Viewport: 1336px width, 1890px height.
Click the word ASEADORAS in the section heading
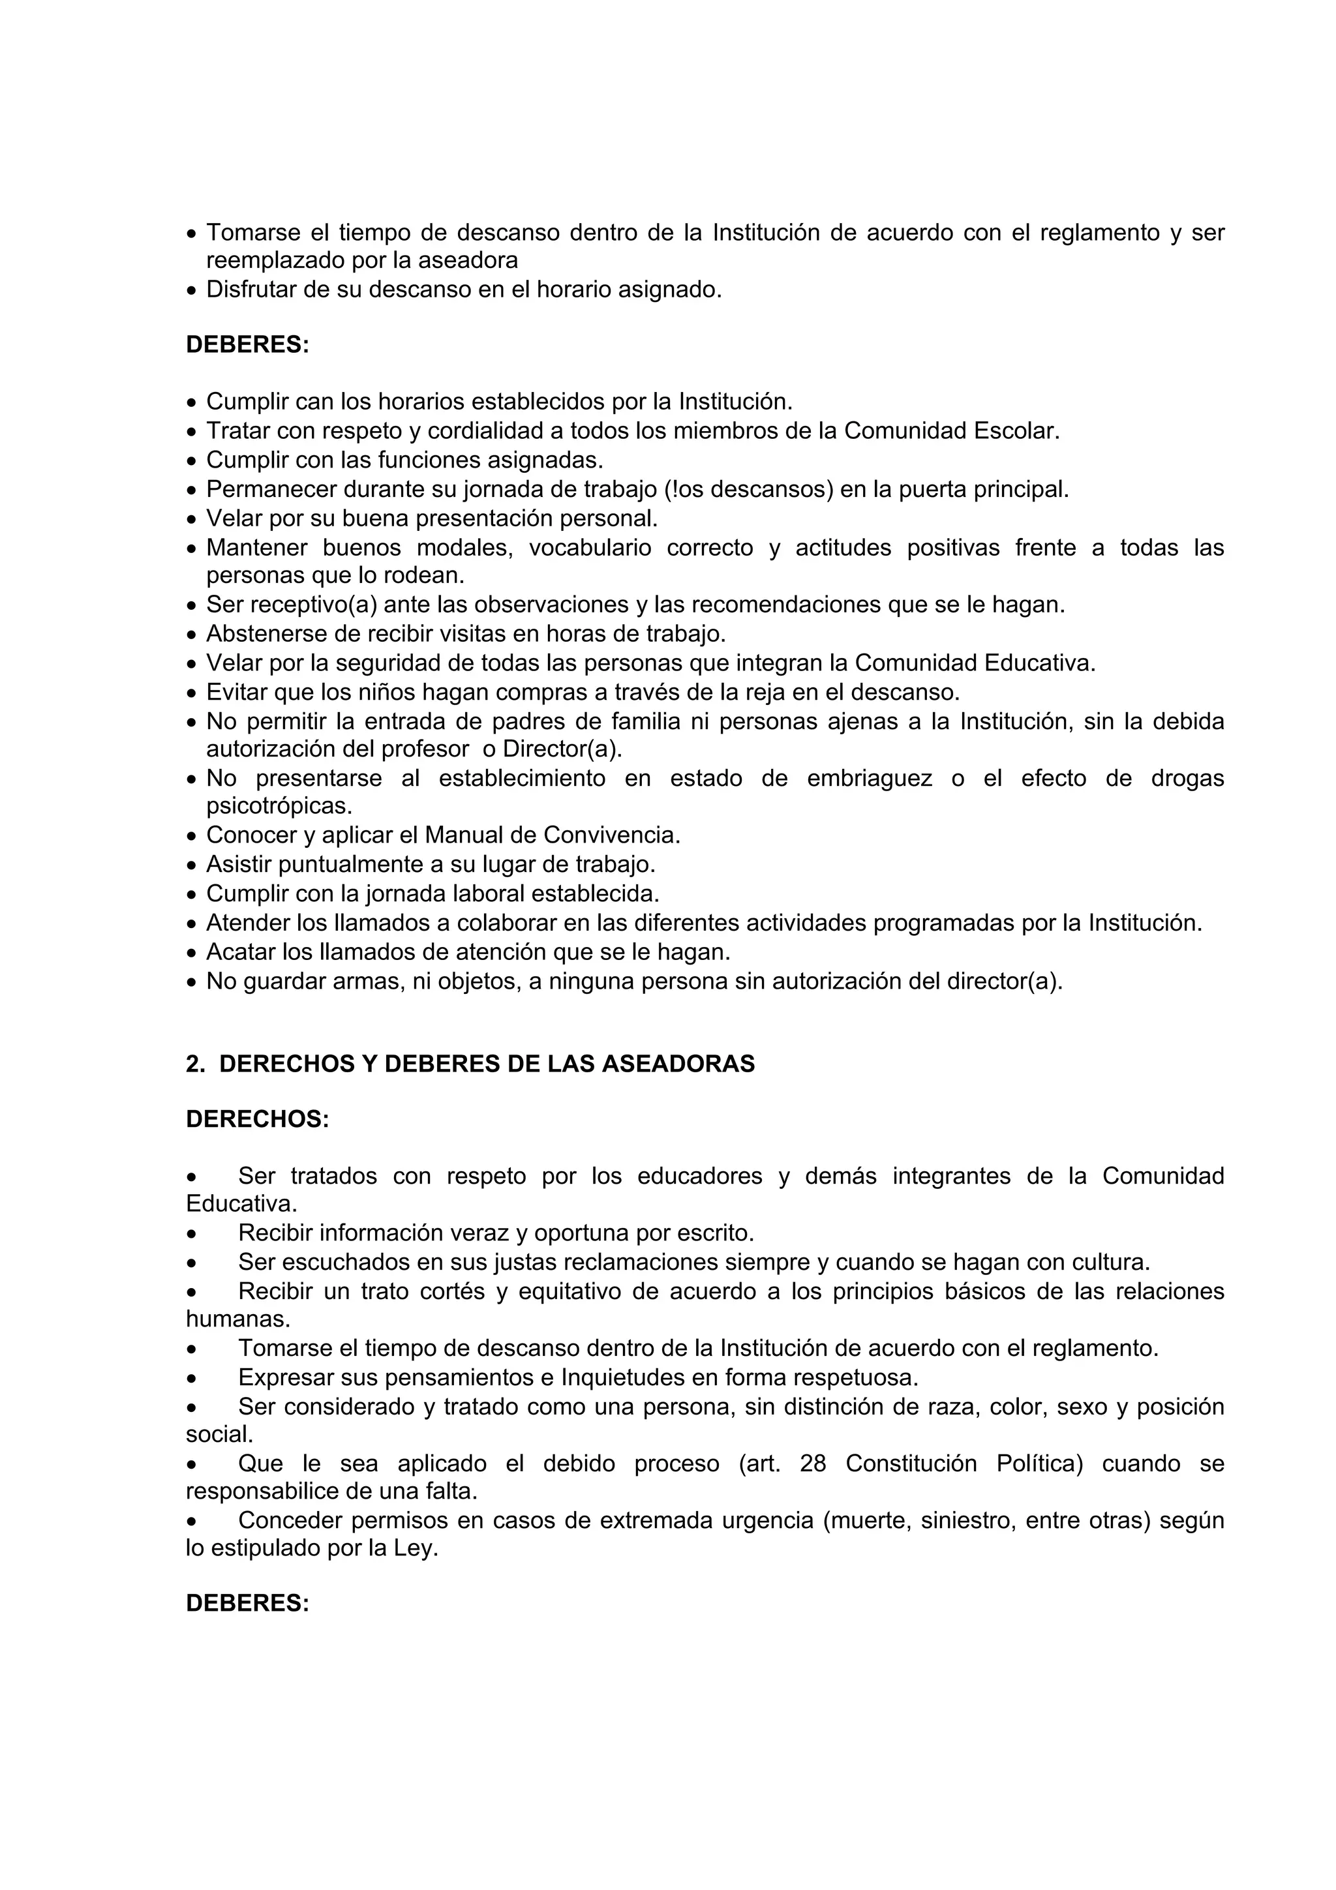[678, 1064]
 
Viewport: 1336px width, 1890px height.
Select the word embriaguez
[870, 779]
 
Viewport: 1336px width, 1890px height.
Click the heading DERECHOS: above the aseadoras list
[257, 1120]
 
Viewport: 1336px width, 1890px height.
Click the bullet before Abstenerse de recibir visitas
[192, 635]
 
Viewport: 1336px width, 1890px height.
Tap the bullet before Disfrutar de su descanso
[192, 291]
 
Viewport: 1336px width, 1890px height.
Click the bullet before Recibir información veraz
[192, 1234]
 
